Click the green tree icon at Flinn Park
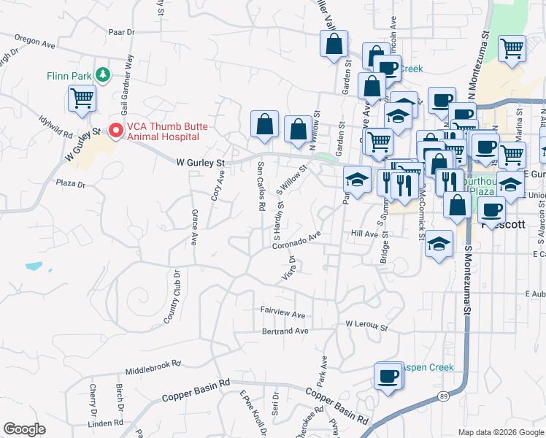click(x=104, y=74)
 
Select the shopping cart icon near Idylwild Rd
click(x=82, y=99)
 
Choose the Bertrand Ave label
click(x=285, y=331)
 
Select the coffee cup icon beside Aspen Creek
click(x=388, y=377)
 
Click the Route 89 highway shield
click(x=443, y=395)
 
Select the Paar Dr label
click(x=121, y=32)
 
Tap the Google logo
click(x=24, y=429)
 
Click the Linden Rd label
click(x=104, y=423)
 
